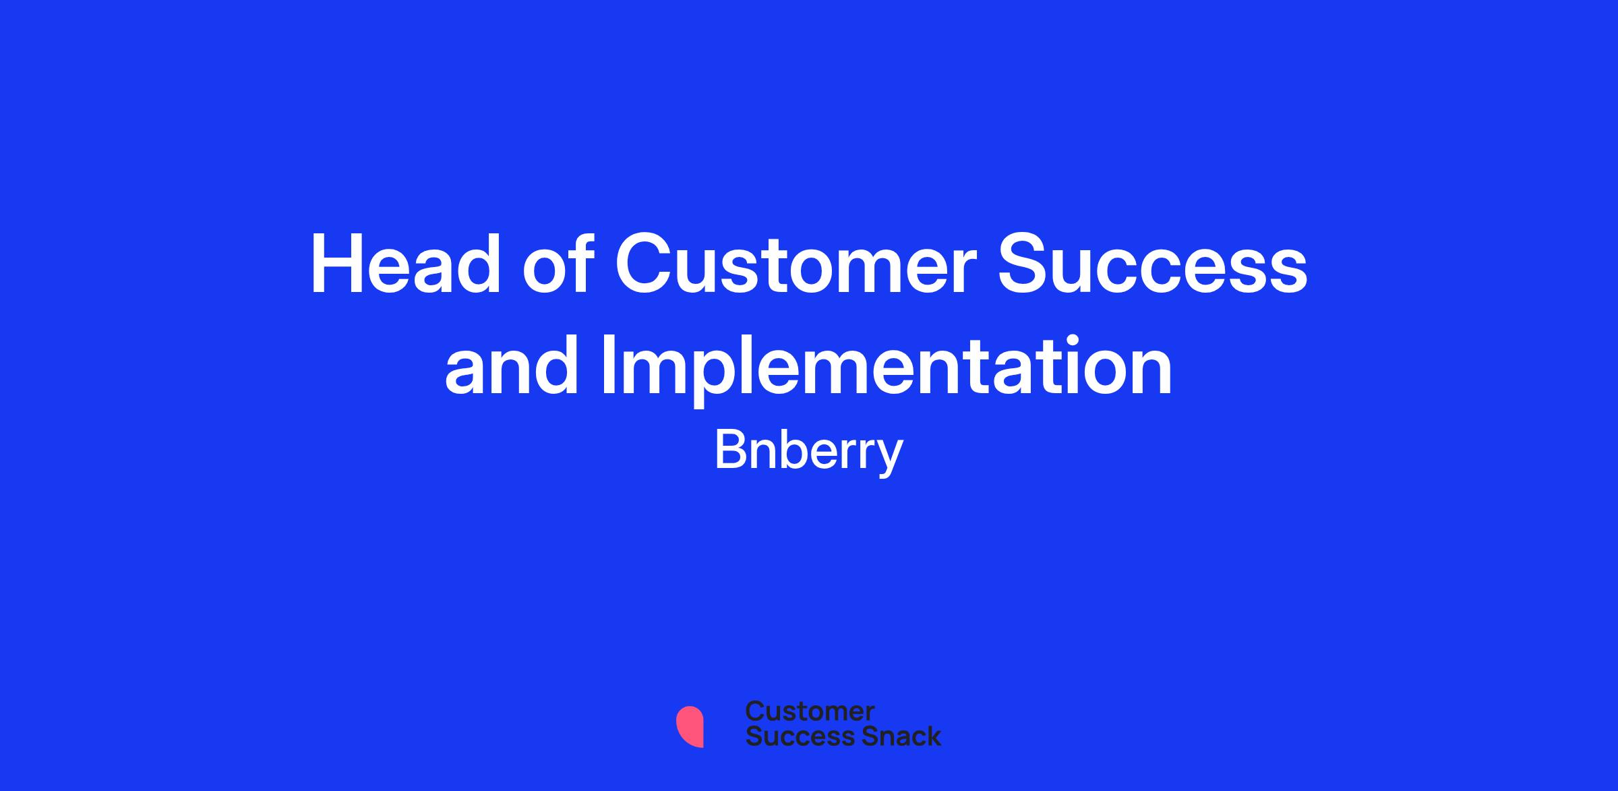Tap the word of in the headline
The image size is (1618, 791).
coord(558,264)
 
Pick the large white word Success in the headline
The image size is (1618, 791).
coord(1153,264)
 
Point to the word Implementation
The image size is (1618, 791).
coord(887,370)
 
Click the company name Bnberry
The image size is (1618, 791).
coord(808,453)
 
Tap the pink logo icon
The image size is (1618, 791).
coord(690,726)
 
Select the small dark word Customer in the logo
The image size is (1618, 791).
coord(810,711)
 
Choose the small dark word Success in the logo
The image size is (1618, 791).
coord(791,736)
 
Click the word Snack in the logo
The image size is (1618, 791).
coord(892,736)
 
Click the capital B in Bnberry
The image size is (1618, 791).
coord(729,450)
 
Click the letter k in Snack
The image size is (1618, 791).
coord(933,736)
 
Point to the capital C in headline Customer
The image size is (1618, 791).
coord(645,264)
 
